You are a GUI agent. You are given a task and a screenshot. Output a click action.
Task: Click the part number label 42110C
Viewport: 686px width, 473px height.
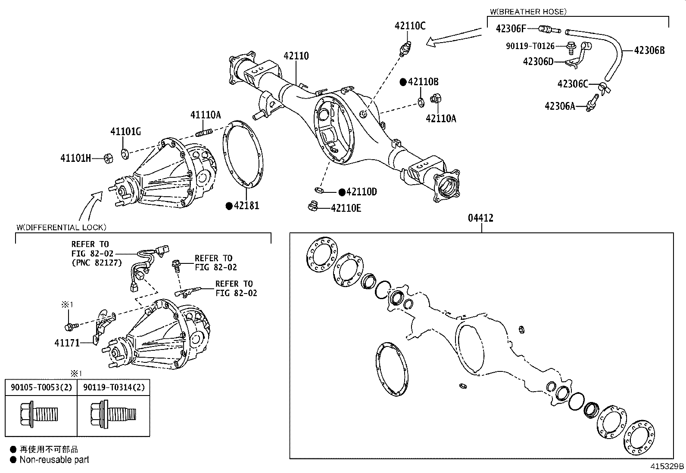tap(410, 26)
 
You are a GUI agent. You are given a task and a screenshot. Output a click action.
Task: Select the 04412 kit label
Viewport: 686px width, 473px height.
tap(480, 218)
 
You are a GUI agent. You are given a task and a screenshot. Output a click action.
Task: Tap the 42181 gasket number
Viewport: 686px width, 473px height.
tap(246, 206)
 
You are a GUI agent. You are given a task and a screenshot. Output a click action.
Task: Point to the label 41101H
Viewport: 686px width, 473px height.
tap(75, 158)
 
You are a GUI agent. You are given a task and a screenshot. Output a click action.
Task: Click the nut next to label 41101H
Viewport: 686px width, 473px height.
tap(109, 158)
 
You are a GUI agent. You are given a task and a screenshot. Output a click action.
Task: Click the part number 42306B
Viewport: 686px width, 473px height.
tap(649, 50)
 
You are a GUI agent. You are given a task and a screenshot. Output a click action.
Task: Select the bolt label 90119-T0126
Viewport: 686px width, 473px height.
tap(530, 46)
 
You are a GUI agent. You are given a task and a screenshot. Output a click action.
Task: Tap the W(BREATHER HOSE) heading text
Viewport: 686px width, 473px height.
tap(528, 12)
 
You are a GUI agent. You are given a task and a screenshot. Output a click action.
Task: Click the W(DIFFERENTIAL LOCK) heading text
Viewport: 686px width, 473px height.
tap(61, 227)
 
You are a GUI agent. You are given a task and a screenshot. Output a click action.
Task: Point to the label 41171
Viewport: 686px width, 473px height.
tap(67, 343)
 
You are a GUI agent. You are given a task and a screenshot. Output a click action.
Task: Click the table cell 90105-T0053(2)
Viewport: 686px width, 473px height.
tap(41, 387)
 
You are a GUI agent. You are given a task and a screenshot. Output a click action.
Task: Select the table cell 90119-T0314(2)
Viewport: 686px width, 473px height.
tap(113, 387)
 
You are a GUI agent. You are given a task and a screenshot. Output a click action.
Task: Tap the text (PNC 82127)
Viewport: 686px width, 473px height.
tap(97, 262)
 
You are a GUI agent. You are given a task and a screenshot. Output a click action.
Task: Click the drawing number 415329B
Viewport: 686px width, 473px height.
tap(667, 466)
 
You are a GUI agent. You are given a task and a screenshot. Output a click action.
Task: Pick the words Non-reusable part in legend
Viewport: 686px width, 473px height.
tap(54, 459)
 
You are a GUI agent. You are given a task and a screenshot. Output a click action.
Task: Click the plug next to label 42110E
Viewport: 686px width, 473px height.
tap(313, 207)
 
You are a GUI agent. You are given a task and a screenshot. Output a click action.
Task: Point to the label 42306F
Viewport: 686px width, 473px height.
tap(511, 29)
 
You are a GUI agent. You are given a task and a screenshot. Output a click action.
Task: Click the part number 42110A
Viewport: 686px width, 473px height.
tap(440, 118)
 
